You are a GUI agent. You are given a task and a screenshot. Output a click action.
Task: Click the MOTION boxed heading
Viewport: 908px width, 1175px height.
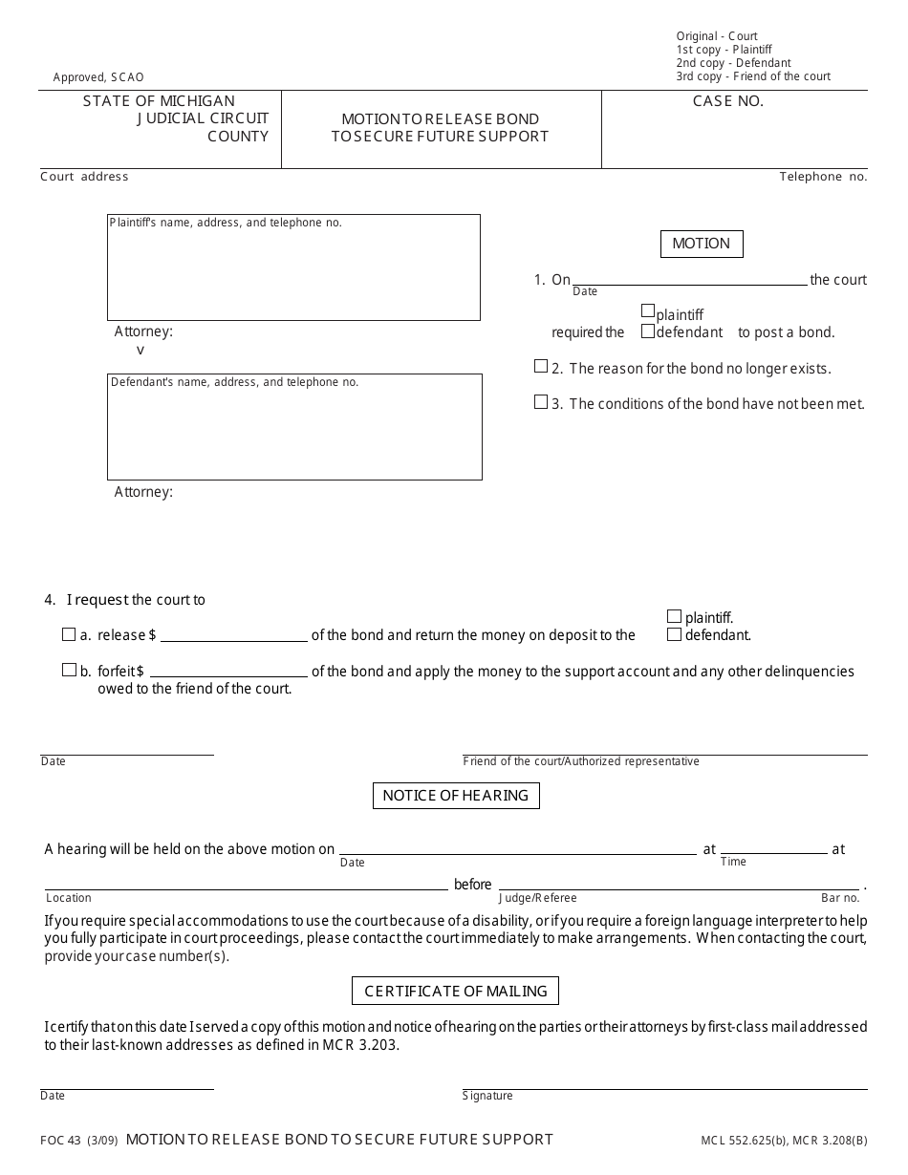pos(701,245)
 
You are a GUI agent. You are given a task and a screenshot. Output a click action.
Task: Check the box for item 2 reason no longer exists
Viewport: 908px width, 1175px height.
pos(541,367)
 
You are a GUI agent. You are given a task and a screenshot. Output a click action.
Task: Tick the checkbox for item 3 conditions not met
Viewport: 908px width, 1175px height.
pos(541,402)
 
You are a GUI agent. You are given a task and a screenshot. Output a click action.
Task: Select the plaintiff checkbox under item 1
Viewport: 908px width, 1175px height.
pos(648,311)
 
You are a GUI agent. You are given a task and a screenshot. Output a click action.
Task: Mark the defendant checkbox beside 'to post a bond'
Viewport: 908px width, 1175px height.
pos(648,331)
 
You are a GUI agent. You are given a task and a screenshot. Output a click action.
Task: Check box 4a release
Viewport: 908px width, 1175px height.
pos(69,634)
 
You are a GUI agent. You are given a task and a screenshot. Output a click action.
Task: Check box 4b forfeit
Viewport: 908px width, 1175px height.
pos(69,670)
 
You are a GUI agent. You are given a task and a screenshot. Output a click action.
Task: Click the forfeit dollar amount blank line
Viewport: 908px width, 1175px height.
pos(228,674)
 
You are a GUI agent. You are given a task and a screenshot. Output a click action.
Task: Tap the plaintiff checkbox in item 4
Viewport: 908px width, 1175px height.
pos(675,617)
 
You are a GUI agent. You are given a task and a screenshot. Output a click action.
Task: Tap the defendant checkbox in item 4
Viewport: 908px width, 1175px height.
pos(675,634)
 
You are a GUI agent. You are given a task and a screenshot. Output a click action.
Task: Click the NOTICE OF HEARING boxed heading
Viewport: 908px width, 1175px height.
pos(456,796)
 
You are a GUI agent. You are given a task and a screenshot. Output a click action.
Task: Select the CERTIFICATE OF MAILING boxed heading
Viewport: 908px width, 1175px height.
pos(456,992)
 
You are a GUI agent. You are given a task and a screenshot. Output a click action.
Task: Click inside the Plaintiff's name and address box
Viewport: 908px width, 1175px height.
pos(293,272)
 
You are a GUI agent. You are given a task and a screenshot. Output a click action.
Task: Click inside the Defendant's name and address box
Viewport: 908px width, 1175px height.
pos(293,432)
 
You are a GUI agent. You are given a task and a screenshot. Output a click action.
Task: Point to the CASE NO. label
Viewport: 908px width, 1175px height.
pos(728,101)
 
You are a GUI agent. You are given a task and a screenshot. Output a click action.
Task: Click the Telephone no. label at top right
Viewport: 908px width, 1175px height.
pos(823,177)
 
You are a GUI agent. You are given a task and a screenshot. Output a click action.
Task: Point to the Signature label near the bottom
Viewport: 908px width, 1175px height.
pos(488,1096)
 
